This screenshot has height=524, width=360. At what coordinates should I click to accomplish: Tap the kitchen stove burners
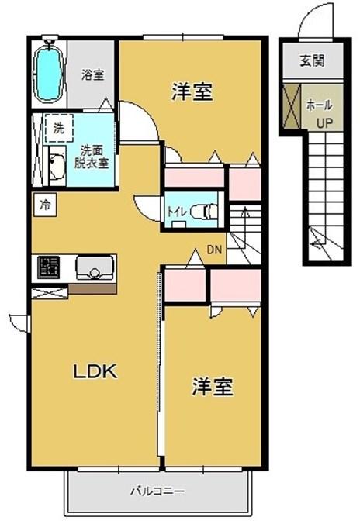tap(50, 267)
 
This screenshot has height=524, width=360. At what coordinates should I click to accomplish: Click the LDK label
tap(95, 371)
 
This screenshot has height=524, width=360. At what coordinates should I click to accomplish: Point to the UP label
tap(323, 122)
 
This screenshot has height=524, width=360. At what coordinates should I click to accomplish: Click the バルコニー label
tap(157, 491)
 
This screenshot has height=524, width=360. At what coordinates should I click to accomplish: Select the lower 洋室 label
tap(213, 387)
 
